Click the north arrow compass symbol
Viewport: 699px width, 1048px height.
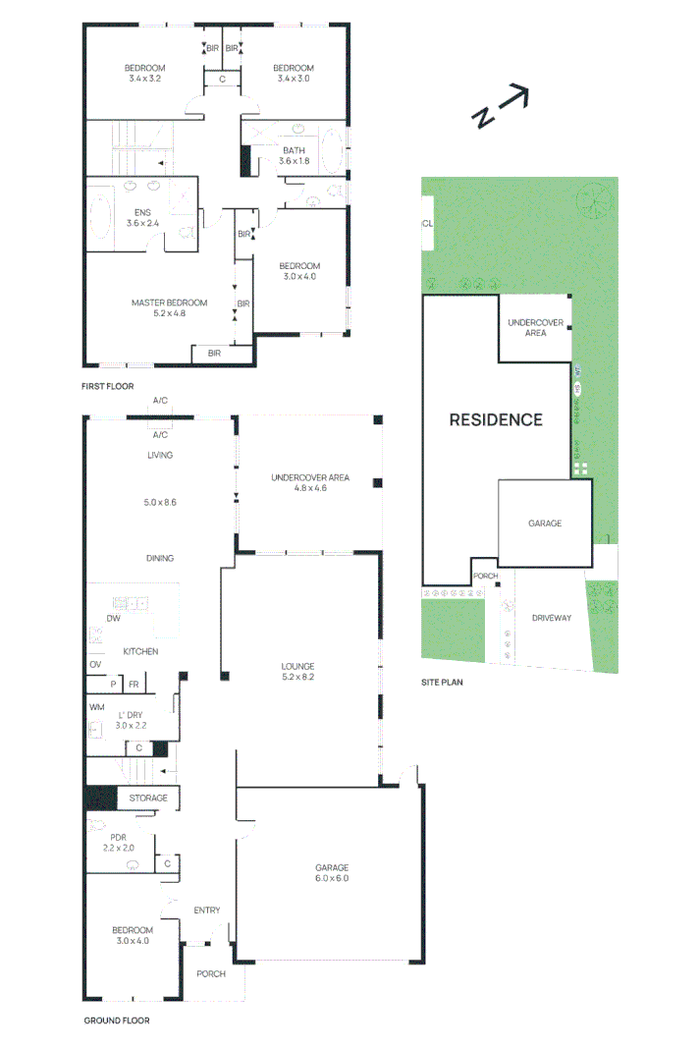[x=502, y=106]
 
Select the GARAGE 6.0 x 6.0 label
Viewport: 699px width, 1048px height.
[x=332, y=873]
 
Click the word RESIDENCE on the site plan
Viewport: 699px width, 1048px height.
[x=496, y=419]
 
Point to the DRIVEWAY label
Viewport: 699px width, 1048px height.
[x=552, y=618]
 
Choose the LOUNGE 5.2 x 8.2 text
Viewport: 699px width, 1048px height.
[x=298, y=672]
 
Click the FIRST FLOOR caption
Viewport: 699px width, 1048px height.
[x=108, y=386]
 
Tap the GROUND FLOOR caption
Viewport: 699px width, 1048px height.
[x=116, y=1020]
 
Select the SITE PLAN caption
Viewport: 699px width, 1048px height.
[x=442, y=683]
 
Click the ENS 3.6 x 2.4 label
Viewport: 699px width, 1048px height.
[x=142, y=218]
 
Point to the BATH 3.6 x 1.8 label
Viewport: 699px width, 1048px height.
[x=295, y=156]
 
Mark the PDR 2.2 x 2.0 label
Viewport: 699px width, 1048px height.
[x=118, y=843]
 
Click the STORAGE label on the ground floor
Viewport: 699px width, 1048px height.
[x=148, y=798]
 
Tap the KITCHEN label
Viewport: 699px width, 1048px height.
[x=140, y=651]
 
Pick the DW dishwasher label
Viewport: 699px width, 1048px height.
[x=114, y=619]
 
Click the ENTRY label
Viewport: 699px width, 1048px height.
[x=206, y=910]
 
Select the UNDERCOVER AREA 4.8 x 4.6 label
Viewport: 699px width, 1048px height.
[x=310, y=483]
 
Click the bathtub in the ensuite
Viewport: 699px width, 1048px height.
[x=101, y=216]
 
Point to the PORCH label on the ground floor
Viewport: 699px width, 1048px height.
[x=211, y=974]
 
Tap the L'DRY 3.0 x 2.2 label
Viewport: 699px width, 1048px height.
[x=131, y=721]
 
